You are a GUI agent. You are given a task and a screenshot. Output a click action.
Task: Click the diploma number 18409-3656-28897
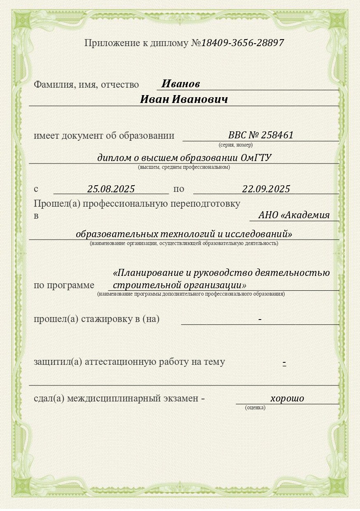click(242, 43)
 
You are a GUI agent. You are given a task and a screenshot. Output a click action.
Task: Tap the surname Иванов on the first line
click(180, 84)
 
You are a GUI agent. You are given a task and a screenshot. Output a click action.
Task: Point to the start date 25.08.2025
click(111, 189)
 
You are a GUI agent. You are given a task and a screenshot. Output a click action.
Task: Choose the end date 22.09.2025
click(266, 189)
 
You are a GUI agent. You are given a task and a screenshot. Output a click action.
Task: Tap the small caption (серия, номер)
click(236, 145)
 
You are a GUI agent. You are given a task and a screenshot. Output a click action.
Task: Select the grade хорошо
click(287, 398)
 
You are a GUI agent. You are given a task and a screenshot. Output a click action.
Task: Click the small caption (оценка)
click(255, 408)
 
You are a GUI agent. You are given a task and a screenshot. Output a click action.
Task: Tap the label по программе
click(64, 285)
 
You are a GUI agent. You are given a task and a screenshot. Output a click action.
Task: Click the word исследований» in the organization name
click(259, 234)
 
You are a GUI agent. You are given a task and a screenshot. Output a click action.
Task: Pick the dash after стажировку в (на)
click(260, 320)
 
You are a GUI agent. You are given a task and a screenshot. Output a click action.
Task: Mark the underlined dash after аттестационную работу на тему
click(284, 363)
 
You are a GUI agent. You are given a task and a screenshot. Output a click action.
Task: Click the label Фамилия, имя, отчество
click(86, 85)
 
